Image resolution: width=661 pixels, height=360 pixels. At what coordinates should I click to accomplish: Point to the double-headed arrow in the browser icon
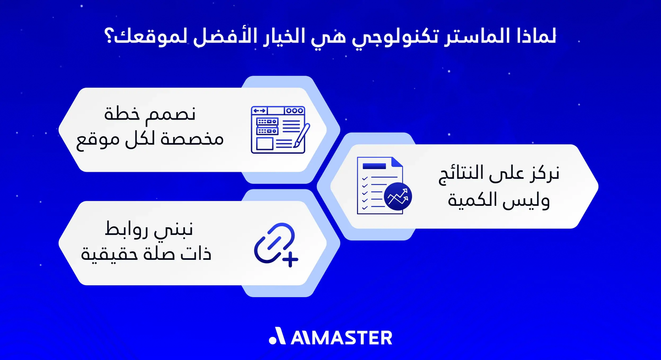[259, 111]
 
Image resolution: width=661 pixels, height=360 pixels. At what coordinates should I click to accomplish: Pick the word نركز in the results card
[543, 174]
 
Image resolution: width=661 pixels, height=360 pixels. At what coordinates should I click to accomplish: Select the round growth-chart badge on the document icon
[399, 197]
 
